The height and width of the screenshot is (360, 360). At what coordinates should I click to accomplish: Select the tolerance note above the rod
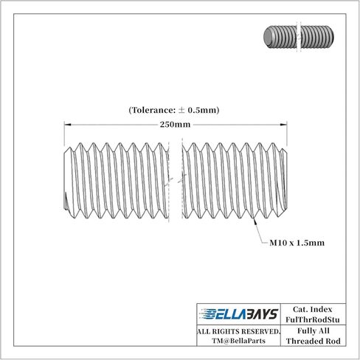tap(173, 110)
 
